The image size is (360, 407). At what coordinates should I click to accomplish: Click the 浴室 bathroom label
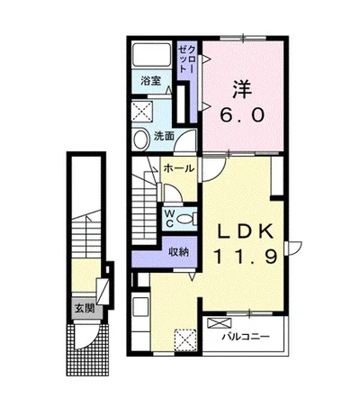[x=151, y=81]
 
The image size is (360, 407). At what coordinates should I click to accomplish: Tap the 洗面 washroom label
[x=164, y=136]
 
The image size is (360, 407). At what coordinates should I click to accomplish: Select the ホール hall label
[x=179, y=168]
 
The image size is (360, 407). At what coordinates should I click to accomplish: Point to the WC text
[x=170, y=218]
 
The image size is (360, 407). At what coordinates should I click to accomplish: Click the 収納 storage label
[x=178, y=252]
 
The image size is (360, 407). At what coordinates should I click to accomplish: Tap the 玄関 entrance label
[x=85, y=308]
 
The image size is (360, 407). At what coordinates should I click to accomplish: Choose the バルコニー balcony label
[x=246, y=337]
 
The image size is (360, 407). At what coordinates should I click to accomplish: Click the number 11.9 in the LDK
[x=245, y=257]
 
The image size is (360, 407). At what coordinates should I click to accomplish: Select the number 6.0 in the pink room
[x=242, y=115]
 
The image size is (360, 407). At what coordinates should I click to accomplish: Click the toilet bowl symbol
[x=186, y=219]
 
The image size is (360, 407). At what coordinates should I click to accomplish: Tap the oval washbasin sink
[x=141, y=140]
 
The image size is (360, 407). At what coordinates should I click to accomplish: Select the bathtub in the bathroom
[x=151, y=55]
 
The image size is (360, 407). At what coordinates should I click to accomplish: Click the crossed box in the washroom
[x=143, y=111]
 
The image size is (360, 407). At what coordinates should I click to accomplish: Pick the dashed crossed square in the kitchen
[x=185, y=339]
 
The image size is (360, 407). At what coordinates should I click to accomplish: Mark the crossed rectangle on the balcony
[x=220, y=323]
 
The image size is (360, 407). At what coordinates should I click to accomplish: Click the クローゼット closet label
[x=187, y=59]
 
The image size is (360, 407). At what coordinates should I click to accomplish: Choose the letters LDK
[x=245, y=231]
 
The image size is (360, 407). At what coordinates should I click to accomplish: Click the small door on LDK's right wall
[x=293, y=249]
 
